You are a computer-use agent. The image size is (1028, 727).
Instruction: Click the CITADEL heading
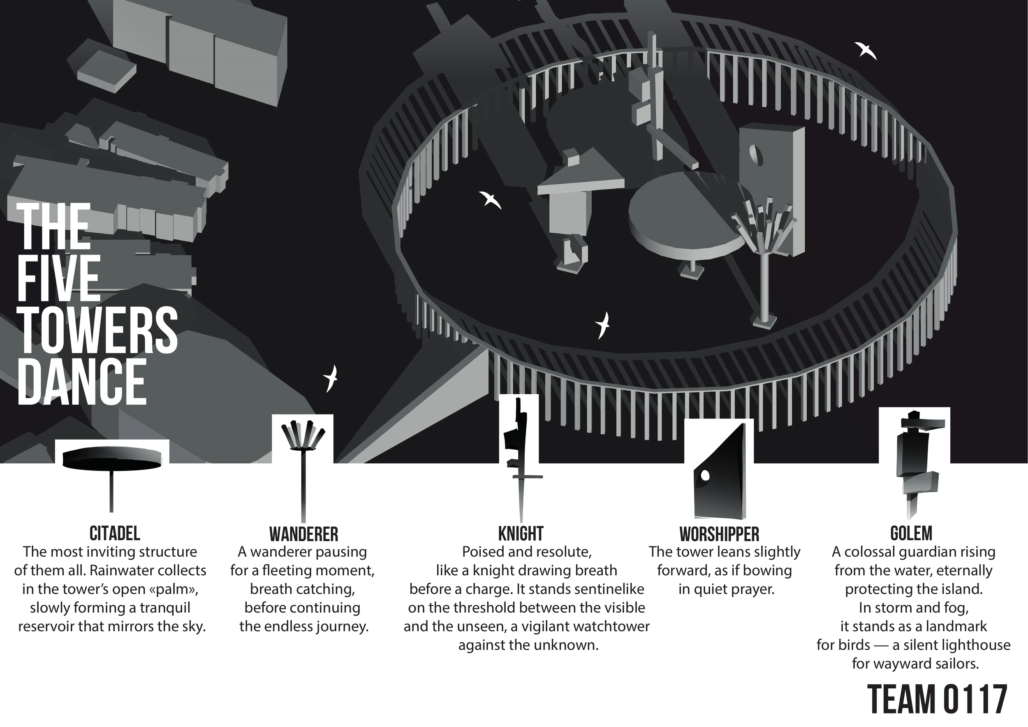click(x=115, y=534)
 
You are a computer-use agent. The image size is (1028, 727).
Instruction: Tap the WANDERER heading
click(x=303, y=534)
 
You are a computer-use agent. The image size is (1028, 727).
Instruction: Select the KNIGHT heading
click(x=521, y=534)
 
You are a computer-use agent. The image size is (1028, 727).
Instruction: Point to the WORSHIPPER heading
click(x=719, y=534)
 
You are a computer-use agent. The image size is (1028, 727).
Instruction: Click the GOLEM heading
click(x=911, y=533)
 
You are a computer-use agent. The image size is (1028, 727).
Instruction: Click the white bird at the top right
click(x=865, y=51)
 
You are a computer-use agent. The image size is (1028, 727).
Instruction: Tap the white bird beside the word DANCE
click(x=331, y=378)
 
